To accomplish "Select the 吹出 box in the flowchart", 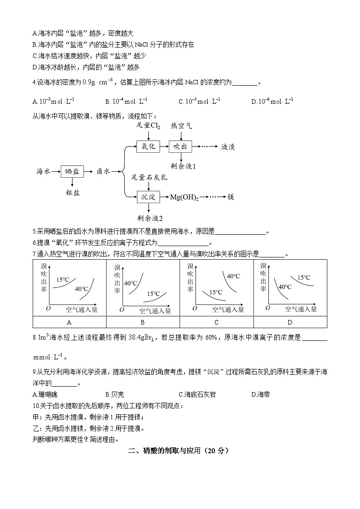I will point(180,146).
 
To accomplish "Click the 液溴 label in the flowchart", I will point(228,147).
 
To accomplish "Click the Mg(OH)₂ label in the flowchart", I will point(184,197).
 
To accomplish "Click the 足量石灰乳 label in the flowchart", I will point(149,177).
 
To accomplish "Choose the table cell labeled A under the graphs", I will point(69,322).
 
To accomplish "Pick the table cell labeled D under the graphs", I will point(290,322).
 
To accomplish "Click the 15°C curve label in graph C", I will point(216,292).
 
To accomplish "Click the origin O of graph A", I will point(48,308).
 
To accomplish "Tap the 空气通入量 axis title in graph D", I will point(301,309).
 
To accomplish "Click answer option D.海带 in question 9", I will point(261,395).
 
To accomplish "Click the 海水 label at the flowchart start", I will point(44,171).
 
